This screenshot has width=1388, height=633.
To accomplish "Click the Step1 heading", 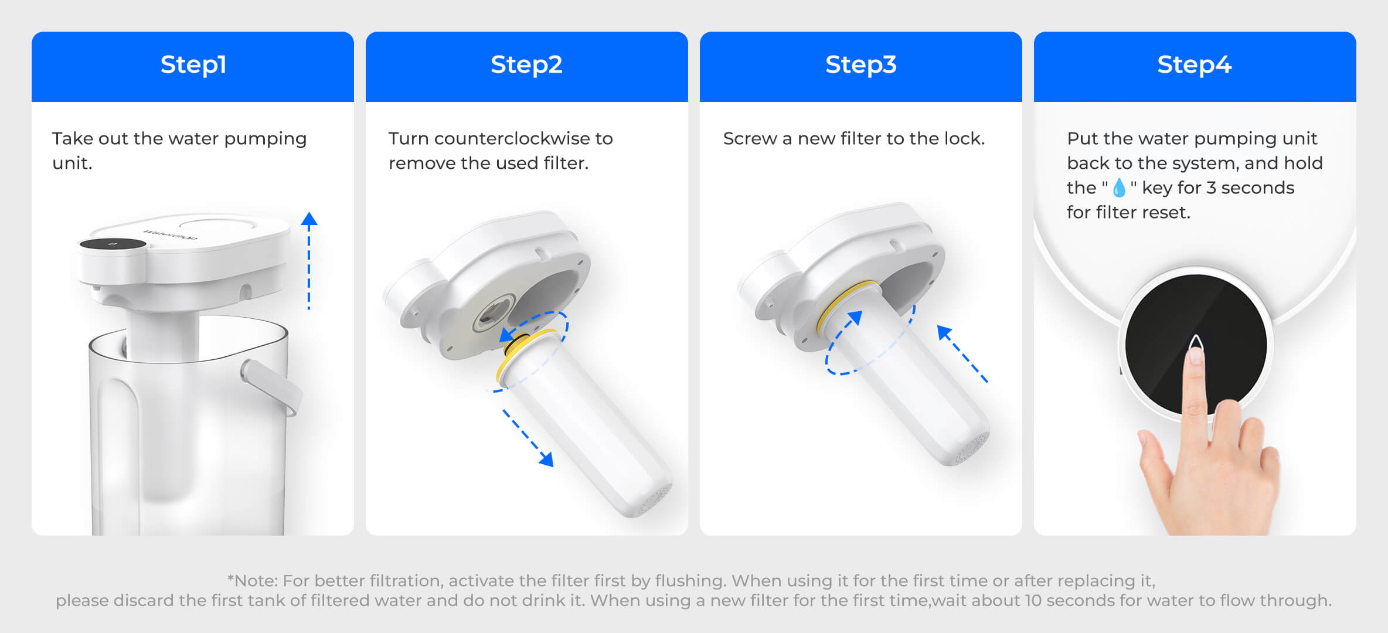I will click(x=193, y=65).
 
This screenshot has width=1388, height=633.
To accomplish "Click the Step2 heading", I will click(x=526, y=65).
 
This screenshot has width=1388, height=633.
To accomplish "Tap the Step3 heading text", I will click(x=860, y=65).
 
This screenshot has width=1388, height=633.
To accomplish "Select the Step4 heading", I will click(x=1194, y=65).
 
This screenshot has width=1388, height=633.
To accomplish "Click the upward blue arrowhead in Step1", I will click(x=309, y=220).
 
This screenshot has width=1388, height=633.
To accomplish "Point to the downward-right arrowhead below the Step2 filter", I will click(x=546, y=460).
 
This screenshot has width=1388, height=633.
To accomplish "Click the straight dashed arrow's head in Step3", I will click(x=943, y=332).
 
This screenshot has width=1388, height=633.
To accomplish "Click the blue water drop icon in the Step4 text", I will click(x=1118, y=188).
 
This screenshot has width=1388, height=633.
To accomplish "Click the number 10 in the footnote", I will click(x=1033, y=601).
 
